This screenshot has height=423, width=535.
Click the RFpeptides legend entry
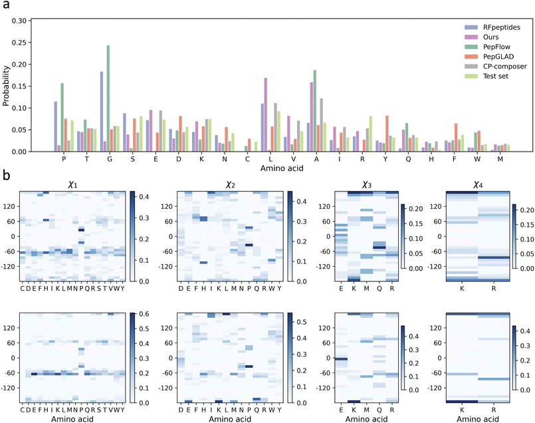coord(491,28)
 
